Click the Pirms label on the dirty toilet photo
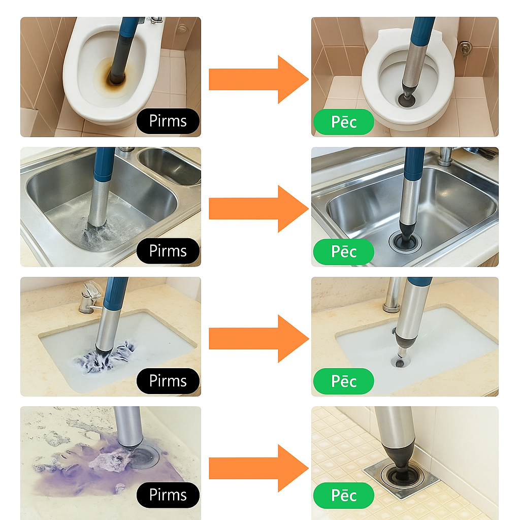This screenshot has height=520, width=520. (168, 121)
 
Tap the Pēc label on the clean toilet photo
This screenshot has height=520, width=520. (344, 122)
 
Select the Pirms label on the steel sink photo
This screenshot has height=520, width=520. (168, 251)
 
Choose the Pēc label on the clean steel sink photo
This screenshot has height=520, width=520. (344, 252)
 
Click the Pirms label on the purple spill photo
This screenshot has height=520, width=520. (168, 495)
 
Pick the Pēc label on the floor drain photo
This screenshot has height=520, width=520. (344, 496)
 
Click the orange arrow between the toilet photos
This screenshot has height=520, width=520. (258, 80)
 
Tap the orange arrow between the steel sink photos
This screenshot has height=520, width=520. (258, 209)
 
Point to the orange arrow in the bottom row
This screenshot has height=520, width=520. (258, 468)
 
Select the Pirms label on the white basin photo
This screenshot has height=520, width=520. (168, 381)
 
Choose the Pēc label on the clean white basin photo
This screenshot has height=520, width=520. (344, 381)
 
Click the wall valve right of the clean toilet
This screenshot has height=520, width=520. (465, 48)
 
